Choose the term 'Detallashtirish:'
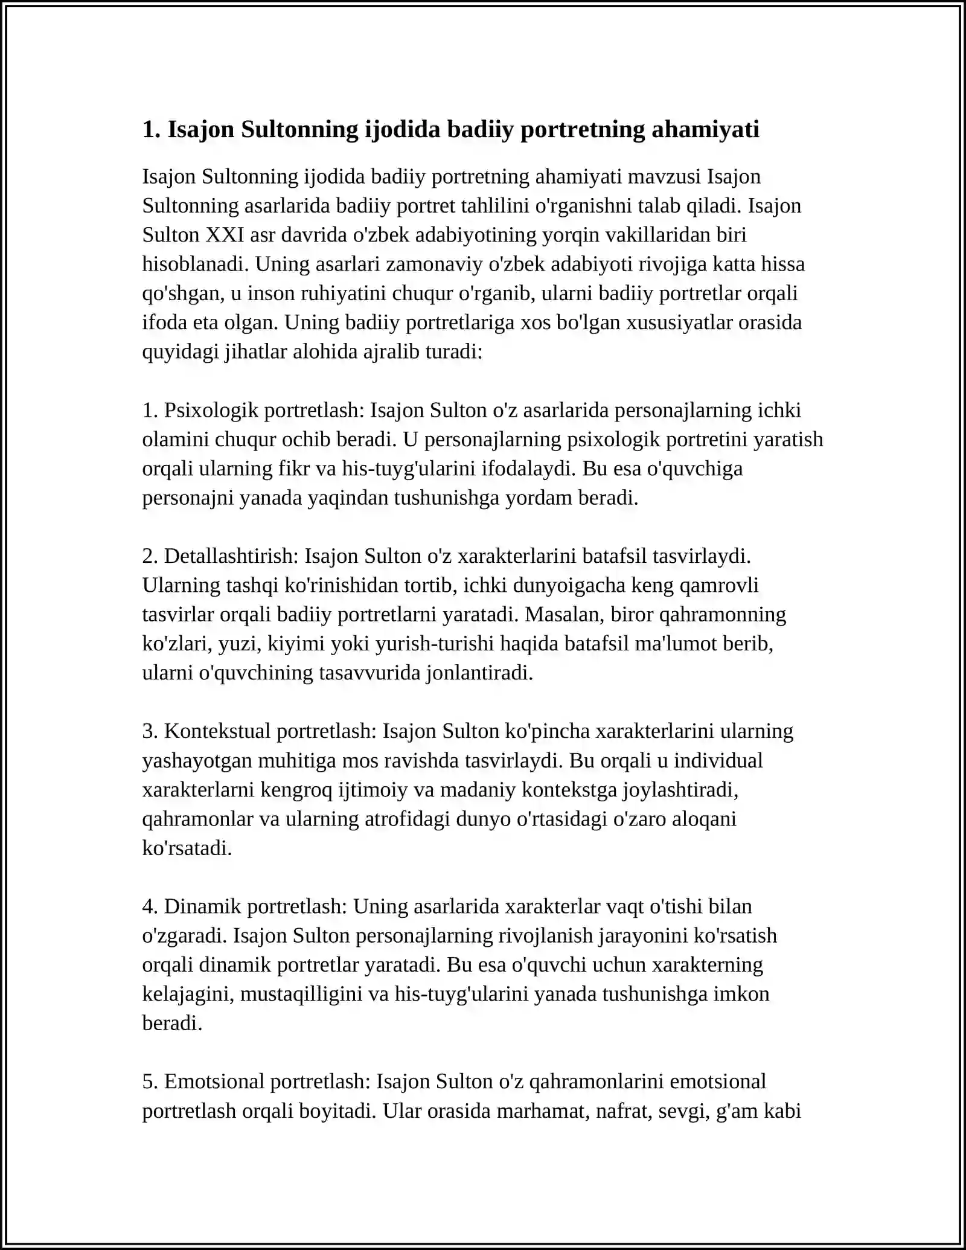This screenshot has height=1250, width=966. [231, 556]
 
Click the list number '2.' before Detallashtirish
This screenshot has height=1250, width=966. [150, 556]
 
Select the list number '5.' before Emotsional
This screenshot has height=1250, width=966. [150, 1081]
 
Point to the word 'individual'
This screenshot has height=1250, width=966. [718, 760]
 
